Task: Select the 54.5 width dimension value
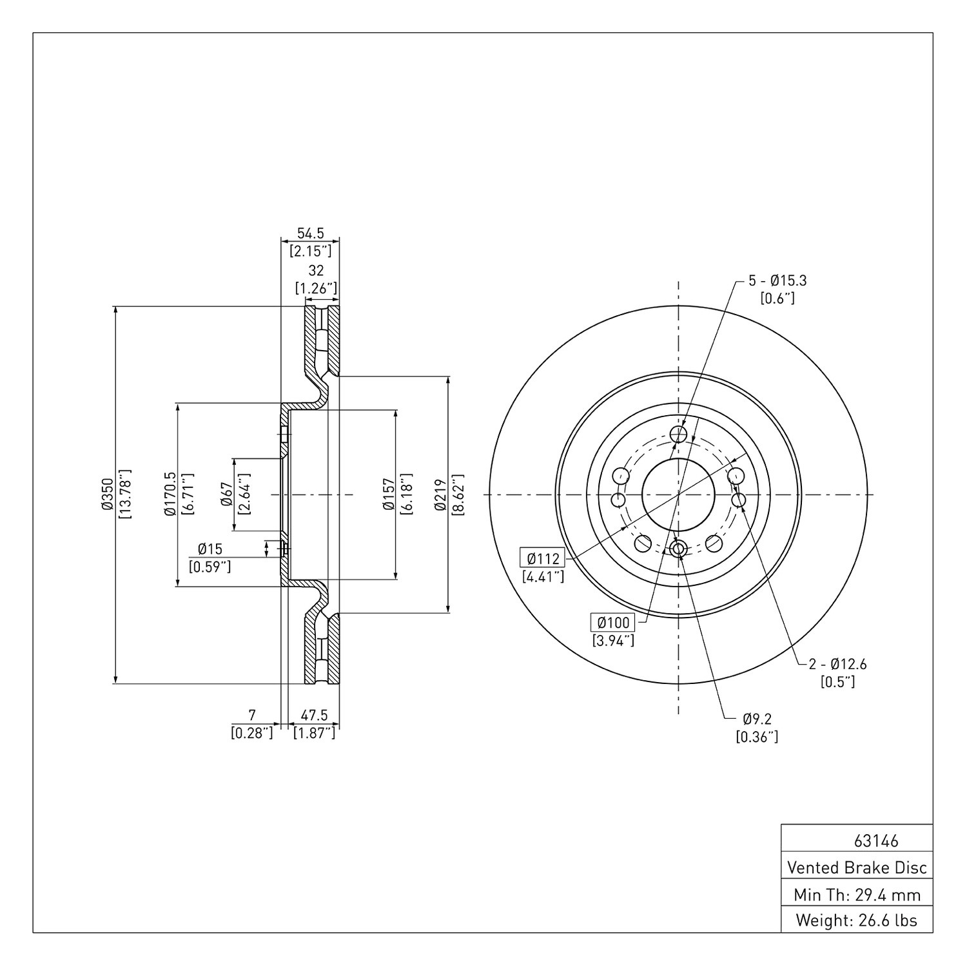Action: (x=311, y=233)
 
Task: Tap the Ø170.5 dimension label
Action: (x=170, y=494)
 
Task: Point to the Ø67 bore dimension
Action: (x=226, y=494)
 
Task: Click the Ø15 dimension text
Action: (x=210, y=549)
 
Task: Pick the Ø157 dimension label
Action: (x=388, y=494)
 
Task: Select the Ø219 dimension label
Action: (x=440, y=494)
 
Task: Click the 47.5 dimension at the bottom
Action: (x=315, y=715)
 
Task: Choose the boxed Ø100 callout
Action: (x=613, y=623)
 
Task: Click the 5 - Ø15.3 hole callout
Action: (x=777, y=280)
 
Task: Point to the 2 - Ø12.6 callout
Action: (x=838, y=663)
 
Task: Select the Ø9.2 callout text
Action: (x=757, y=718)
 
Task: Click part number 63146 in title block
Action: (x=876, y=841)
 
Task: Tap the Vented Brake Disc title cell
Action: (x=857, y=868)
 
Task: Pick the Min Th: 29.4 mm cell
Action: (x=857, y=895)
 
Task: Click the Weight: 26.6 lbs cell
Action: (x=857, y=921)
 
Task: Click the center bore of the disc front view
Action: (x=678, y=494)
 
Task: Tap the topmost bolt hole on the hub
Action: (x=678, y=435)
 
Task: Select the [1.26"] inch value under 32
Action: (x=316, y=288)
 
